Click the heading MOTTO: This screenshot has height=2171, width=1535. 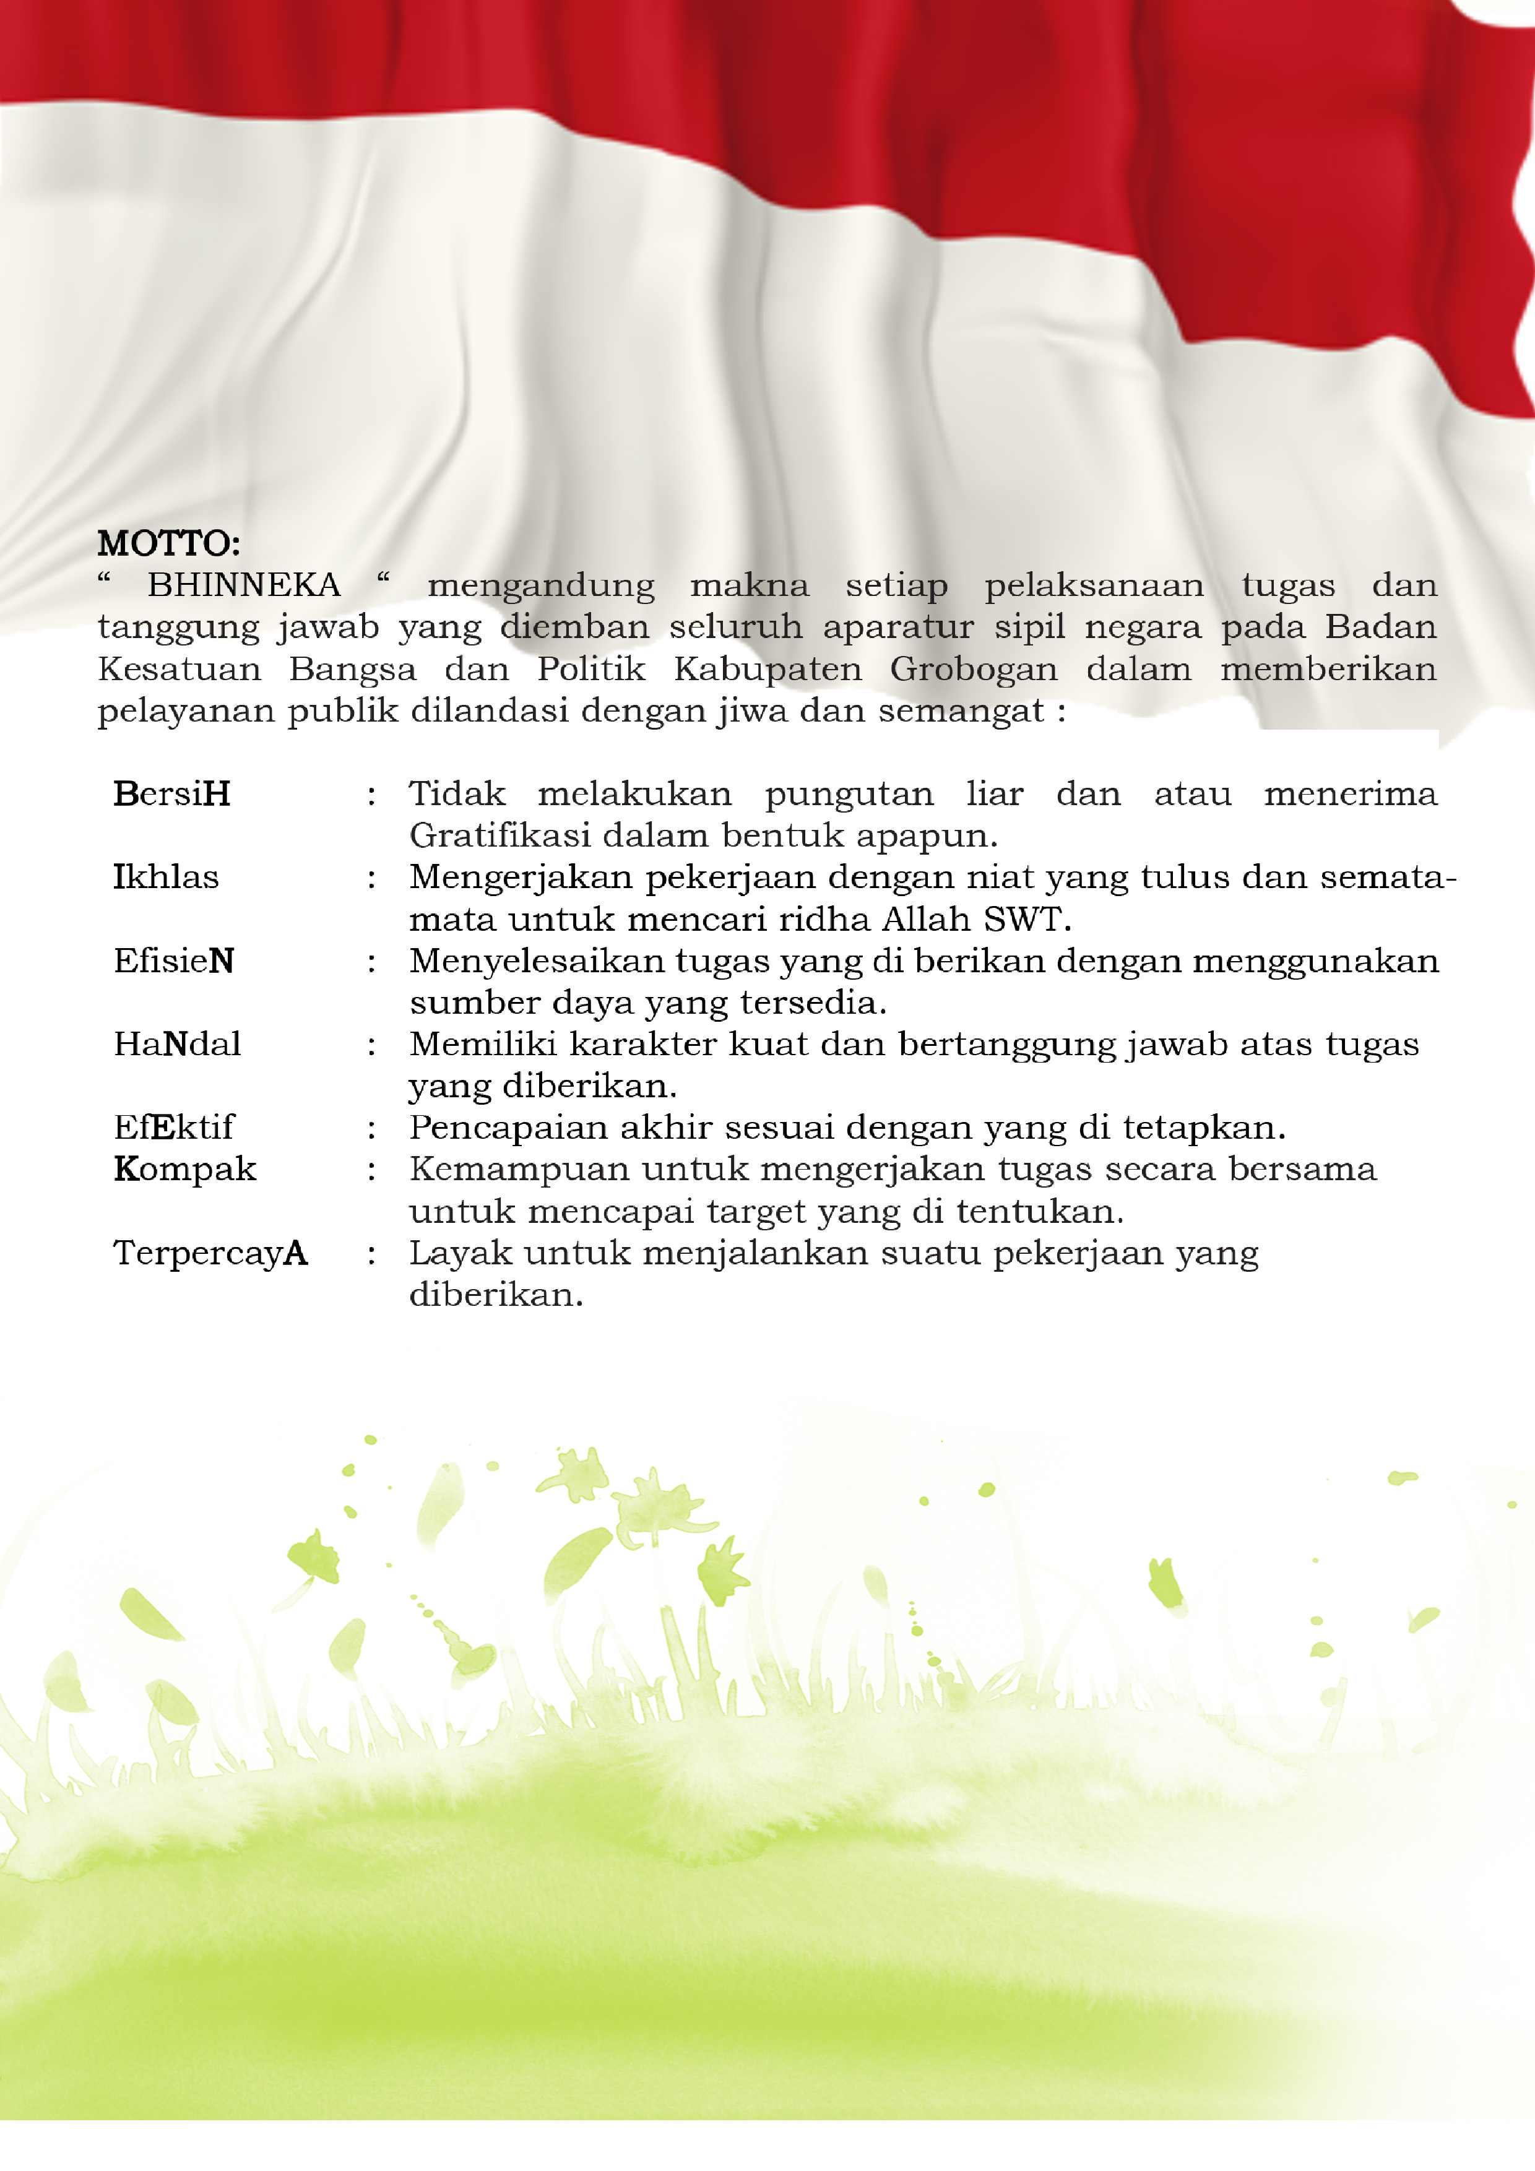coord(168,544)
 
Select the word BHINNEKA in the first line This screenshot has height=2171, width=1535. coord(243,585)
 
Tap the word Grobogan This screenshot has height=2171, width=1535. coord(973,670)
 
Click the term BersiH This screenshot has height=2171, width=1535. coord(171,794)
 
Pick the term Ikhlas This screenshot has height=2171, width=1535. coord(165,878)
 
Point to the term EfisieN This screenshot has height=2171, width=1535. coord(173,960)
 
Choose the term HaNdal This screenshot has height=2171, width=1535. coord(177,1044)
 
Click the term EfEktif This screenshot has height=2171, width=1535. coord(173,1127)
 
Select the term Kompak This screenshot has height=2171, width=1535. coord(184,1170)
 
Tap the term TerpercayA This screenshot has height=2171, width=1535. coord(210,1253)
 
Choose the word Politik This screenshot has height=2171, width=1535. coord(591,670)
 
